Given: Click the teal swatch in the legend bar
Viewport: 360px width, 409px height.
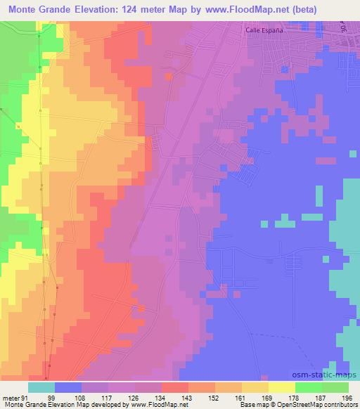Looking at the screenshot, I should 41,387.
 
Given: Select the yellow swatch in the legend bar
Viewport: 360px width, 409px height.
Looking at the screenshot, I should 282,387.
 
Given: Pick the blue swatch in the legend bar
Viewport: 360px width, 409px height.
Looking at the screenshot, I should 68,387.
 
